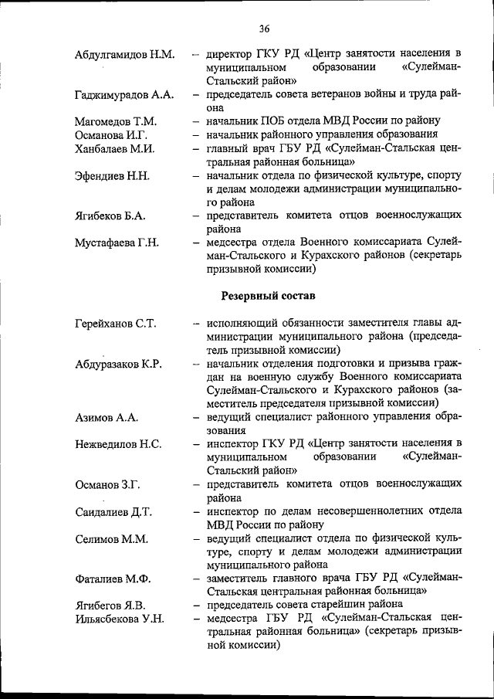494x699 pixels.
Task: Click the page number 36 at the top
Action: point(264,29)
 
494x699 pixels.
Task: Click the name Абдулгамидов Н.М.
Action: point(125,55)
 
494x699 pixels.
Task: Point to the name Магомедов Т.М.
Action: point(116,121)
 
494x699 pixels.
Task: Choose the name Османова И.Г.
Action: point(112,135)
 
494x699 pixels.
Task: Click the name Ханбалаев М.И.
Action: point(115,149)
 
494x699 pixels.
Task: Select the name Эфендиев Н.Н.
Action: point(112,176)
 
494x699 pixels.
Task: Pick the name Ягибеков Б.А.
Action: point(110,216)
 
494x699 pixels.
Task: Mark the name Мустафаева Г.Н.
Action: point(117,243)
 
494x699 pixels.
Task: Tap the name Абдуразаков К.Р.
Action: point(118,364)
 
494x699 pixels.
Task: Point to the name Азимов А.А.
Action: point(107,418)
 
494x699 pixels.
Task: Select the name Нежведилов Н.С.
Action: point(118,444)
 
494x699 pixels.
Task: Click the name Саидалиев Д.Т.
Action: point(113,512)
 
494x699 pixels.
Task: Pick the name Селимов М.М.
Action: point(111,538)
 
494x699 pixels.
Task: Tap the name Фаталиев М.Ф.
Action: point(112,579)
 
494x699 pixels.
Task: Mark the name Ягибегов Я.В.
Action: point(110,605)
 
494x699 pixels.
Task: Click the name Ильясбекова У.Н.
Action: point(120,619)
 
